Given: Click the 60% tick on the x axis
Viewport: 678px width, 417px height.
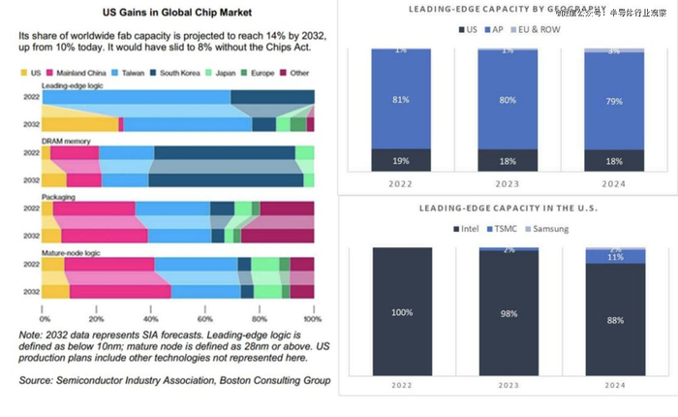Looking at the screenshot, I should [205, 317].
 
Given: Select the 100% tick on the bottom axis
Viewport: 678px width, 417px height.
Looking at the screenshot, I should [312, 317].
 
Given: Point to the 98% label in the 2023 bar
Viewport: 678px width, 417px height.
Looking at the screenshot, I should [507, 312].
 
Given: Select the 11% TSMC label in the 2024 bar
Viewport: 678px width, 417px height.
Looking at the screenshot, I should [615, 257].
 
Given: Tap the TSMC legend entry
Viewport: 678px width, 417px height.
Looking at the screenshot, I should [503, 229].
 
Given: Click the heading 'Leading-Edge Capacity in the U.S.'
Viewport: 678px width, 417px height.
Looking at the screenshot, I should [507, 208].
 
